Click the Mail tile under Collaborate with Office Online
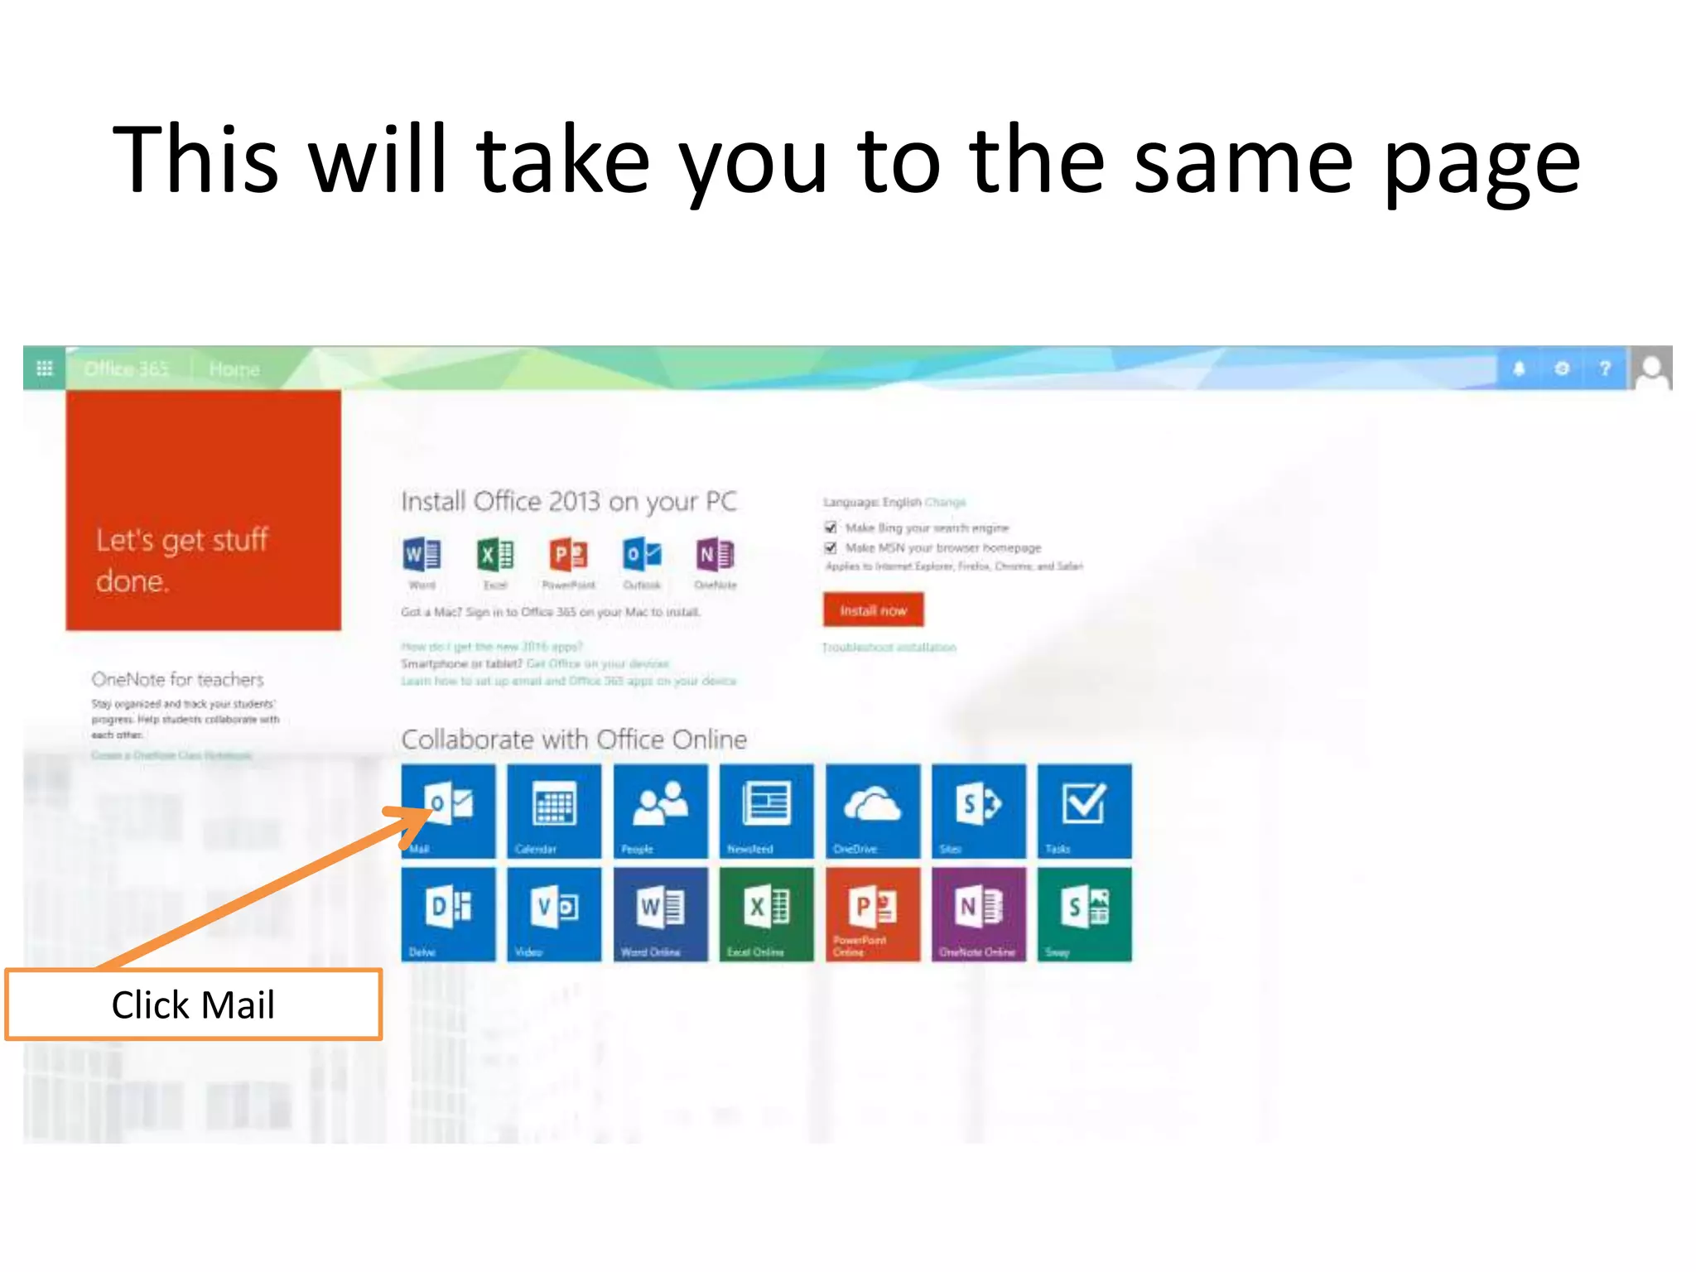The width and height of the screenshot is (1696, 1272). (448, 811)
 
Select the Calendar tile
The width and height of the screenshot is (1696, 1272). (554, 811)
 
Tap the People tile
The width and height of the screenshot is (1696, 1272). (660, 811)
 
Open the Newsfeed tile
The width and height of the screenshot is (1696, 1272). (766, 811)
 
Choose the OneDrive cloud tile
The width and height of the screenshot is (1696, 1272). (872, 811)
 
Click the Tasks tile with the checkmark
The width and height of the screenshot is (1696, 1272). (1084, 811)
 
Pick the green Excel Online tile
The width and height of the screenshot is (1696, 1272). (766, 914)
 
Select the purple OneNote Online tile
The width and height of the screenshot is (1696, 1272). (978, 914)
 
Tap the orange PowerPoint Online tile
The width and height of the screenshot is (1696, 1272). (872, 914)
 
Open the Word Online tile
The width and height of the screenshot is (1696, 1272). (660, 914)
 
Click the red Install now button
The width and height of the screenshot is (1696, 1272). (873, 610)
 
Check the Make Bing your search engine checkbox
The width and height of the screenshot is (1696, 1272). (831, 528)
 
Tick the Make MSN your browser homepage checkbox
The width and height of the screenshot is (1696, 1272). (831, 547)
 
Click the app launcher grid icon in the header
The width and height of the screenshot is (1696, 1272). (45, 369)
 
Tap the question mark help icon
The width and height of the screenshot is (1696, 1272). (1605, 369)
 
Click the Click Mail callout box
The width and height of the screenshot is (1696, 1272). (193, 1005)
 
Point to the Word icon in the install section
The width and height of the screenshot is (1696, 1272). (422, 555)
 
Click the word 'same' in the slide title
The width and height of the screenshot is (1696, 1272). (1242, 161)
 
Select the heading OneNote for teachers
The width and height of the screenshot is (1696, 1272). (177, 680)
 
